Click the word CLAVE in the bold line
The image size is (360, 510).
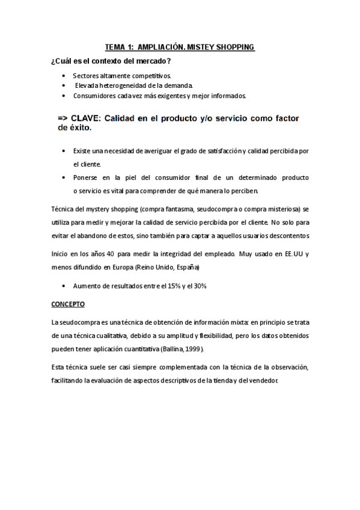click(x=87, y=118)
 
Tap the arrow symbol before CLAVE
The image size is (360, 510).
click(x=64, y=118)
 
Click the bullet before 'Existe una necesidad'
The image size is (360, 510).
click(x=64, y=150)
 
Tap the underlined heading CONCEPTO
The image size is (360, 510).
click(x=69, y=304)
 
